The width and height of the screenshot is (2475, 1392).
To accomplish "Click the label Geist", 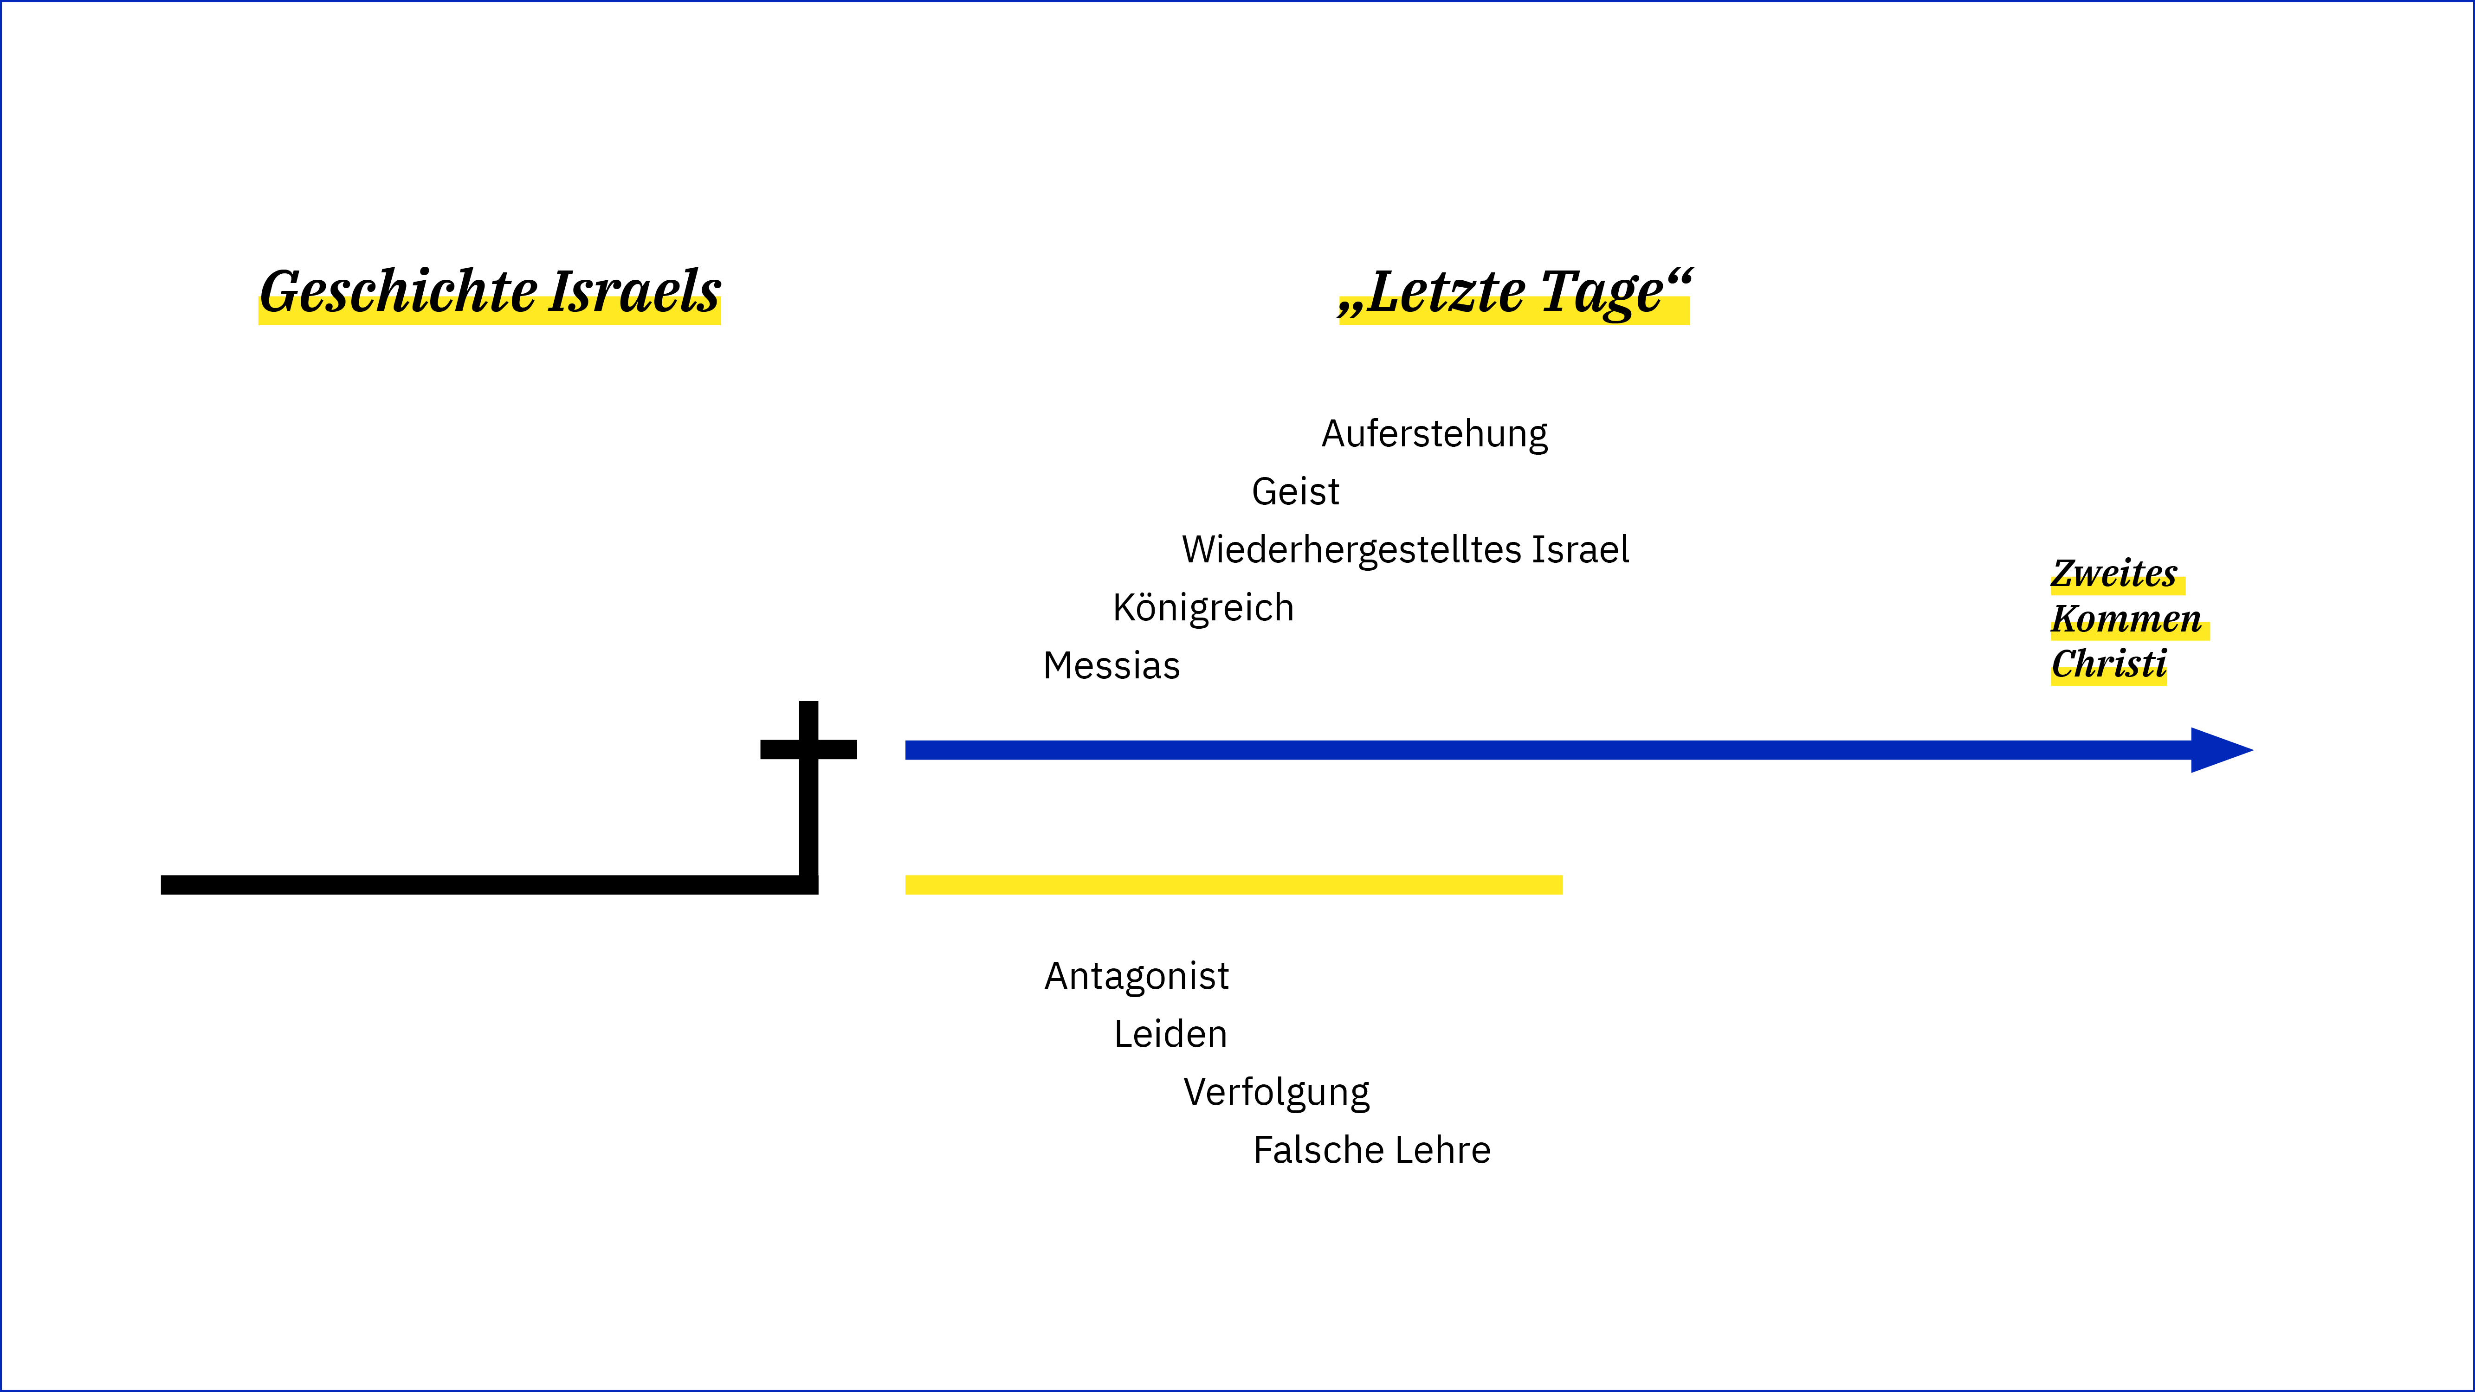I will [1295, 492].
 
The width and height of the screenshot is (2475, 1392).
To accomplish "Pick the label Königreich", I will [1203, 608].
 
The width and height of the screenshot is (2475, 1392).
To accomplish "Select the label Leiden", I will [1170, 1035].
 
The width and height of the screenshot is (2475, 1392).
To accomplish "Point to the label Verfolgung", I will [1276, 1092].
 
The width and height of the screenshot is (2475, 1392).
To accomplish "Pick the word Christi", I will [2109, 664].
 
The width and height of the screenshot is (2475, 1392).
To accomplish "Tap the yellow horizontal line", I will [1234, 885].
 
